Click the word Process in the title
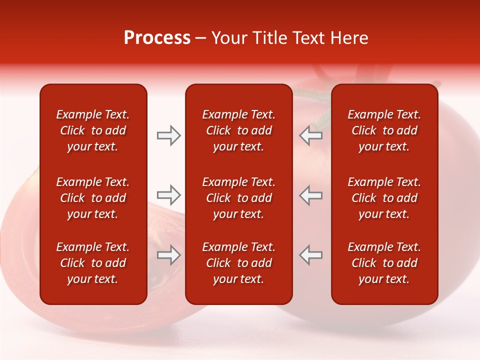[x=157, y=38]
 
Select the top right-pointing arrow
[x=168, y=135]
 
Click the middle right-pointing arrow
[x=168, y=195]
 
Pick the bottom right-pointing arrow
[x=168, y=255]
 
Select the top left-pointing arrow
[x=311, y=135]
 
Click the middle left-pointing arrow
[x=311, y=195]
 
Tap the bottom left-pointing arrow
[x=311, y=255]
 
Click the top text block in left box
[x=93, y=130]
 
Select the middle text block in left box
[x=93, y=198]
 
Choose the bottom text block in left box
[x=93, y=263]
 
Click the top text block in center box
[x=238, y=130]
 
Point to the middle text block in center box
[x=238, y=198]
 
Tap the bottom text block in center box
[x=238, y=263]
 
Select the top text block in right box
[x=384, y=130]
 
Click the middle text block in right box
[x=384, y=198]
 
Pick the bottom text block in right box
[x=384, y=263]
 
